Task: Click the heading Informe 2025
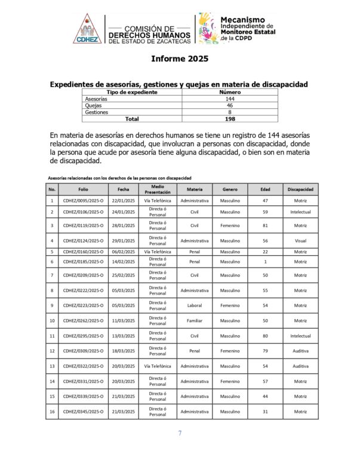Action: coord(180,59)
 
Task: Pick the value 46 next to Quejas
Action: coord(221,106)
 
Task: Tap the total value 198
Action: coord(221,119)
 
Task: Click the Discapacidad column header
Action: coord(300,189)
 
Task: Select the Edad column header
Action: coord(265,189)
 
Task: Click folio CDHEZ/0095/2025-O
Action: coord(83,201)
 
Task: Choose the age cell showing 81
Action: coord(265,225)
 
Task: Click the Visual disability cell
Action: coord(300,241)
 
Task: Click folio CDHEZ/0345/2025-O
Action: coord(83,412)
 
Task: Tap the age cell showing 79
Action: coord(265,351)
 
